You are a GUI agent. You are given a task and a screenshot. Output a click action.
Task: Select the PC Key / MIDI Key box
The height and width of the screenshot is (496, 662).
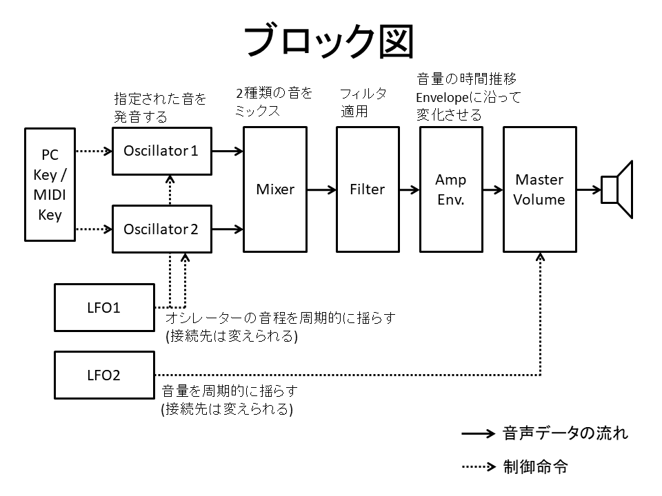pos(50,184)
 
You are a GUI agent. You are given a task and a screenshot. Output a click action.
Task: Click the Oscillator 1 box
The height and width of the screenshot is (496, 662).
pos(161,151)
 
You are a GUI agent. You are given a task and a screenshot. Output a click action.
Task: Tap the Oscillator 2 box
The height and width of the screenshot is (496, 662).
pos(161,229)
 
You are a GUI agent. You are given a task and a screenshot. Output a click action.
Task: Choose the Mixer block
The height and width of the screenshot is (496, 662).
pos(275,189)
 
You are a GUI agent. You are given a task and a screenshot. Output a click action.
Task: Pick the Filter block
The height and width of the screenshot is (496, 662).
pos(367,189)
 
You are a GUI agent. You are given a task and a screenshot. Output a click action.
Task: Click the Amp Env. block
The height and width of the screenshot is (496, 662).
pos(450,189)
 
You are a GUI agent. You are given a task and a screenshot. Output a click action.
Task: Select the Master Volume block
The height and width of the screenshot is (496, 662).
pos(540,189)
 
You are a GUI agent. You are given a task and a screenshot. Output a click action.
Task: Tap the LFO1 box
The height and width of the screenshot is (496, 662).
pos(104,307)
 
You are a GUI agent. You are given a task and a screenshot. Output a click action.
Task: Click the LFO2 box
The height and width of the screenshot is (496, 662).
pos(104,375)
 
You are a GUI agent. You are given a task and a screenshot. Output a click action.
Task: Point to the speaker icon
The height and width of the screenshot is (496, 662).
pos(616,189)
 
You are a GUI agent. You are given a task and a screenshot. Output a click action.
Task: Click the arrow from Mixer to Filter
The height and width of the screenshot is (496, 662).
pos(321,189)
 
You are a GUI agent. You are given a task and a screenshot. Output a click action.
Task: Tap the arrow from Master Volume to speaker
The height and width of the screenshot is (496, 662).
pos(588,189)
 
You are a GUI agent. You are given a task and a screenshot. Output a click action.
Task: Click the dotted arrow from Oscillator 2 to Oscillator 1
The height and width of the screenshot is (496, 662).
pos(170,189)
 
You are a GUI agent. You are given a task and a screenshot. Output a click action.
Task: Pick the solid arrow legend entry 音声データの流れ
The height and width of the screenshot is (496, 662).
pos(545,434)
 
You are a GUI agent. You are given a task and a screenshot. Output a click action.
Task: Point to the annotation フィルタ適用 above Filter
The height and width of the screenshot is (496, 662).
pos(363,102)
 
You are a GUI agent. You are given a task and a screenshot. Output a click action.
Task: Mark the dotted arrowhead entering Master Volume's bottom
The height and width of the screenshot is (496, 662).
pos(540,258)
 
